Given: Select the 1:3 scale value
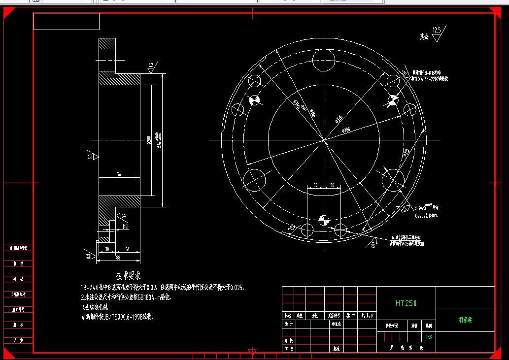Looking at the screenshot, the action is [429, 337].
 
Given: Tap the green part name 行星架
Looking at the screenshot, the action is [465, 320].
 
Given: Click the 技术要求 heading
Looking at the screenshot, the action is [128, 275].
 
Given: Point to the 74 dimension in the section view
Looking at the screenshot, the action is [119, 175].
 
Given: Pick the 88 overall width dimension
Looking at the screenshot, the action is [118, 257].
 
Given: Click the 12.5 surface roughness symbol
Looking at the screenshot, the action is [437, 31].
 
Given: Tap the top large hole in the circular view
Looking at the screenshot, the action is [324, 60].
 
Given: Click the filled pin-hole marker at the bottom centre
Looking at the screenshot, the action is [323, 220].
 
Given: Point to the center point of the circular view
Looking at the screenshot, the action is [324, 140].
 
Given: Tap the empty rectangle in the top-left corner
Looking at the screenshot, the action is [66, 21].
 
